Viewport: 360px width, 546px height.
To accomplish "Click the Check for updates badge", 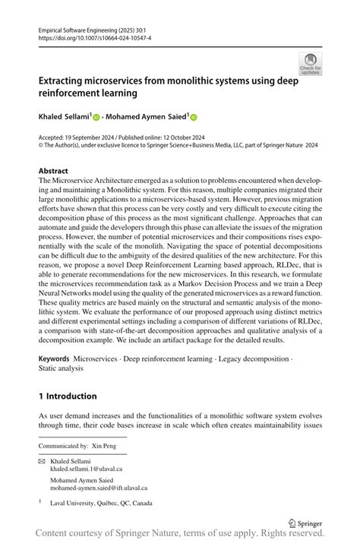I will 310,64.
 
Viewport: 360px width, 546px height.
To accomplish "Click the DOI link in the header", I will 90,37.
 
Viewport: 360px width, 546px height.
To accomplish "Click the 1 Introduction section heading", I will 68,396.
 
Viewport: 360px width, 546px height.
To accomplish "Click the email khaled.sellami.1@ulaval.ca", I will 86,469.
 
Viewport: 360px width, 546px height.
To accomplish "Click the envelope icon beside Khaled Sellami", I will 42,462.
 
